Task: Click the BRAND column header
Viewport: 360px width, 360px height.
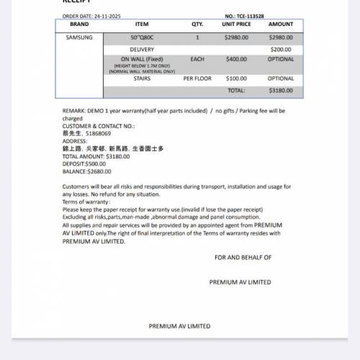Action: [79, 24]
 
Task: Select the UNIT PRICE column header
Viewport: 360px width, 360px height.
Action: [237, 24]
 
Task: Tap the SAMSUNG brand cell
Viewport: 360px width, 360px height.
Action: [79, 37]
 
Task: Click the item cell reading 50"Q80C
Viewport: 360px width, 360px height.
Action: [142, 37]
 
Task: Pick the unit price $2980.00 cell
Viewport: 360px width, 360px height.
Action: [237, 37]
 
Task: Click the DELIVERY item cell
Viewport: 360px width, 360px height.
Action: [142, 50]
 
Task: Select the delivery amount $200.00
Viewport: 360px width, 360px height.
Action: [281, 50]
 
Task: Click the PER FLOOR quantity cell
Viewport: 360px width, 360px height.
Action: [197, 78]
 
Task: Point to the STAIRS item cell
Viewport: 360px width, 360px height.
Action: [142, 78]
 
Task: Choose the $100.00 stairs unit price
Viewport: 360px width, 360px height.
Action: [236, 78]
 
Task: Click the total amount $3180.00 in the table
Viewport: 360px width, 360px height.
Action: [281, 91]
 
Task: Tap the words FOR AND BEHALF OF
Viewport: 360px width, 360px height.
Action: [243, 257]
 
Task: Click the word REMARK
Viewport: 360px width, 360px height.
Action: [74, 111]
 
